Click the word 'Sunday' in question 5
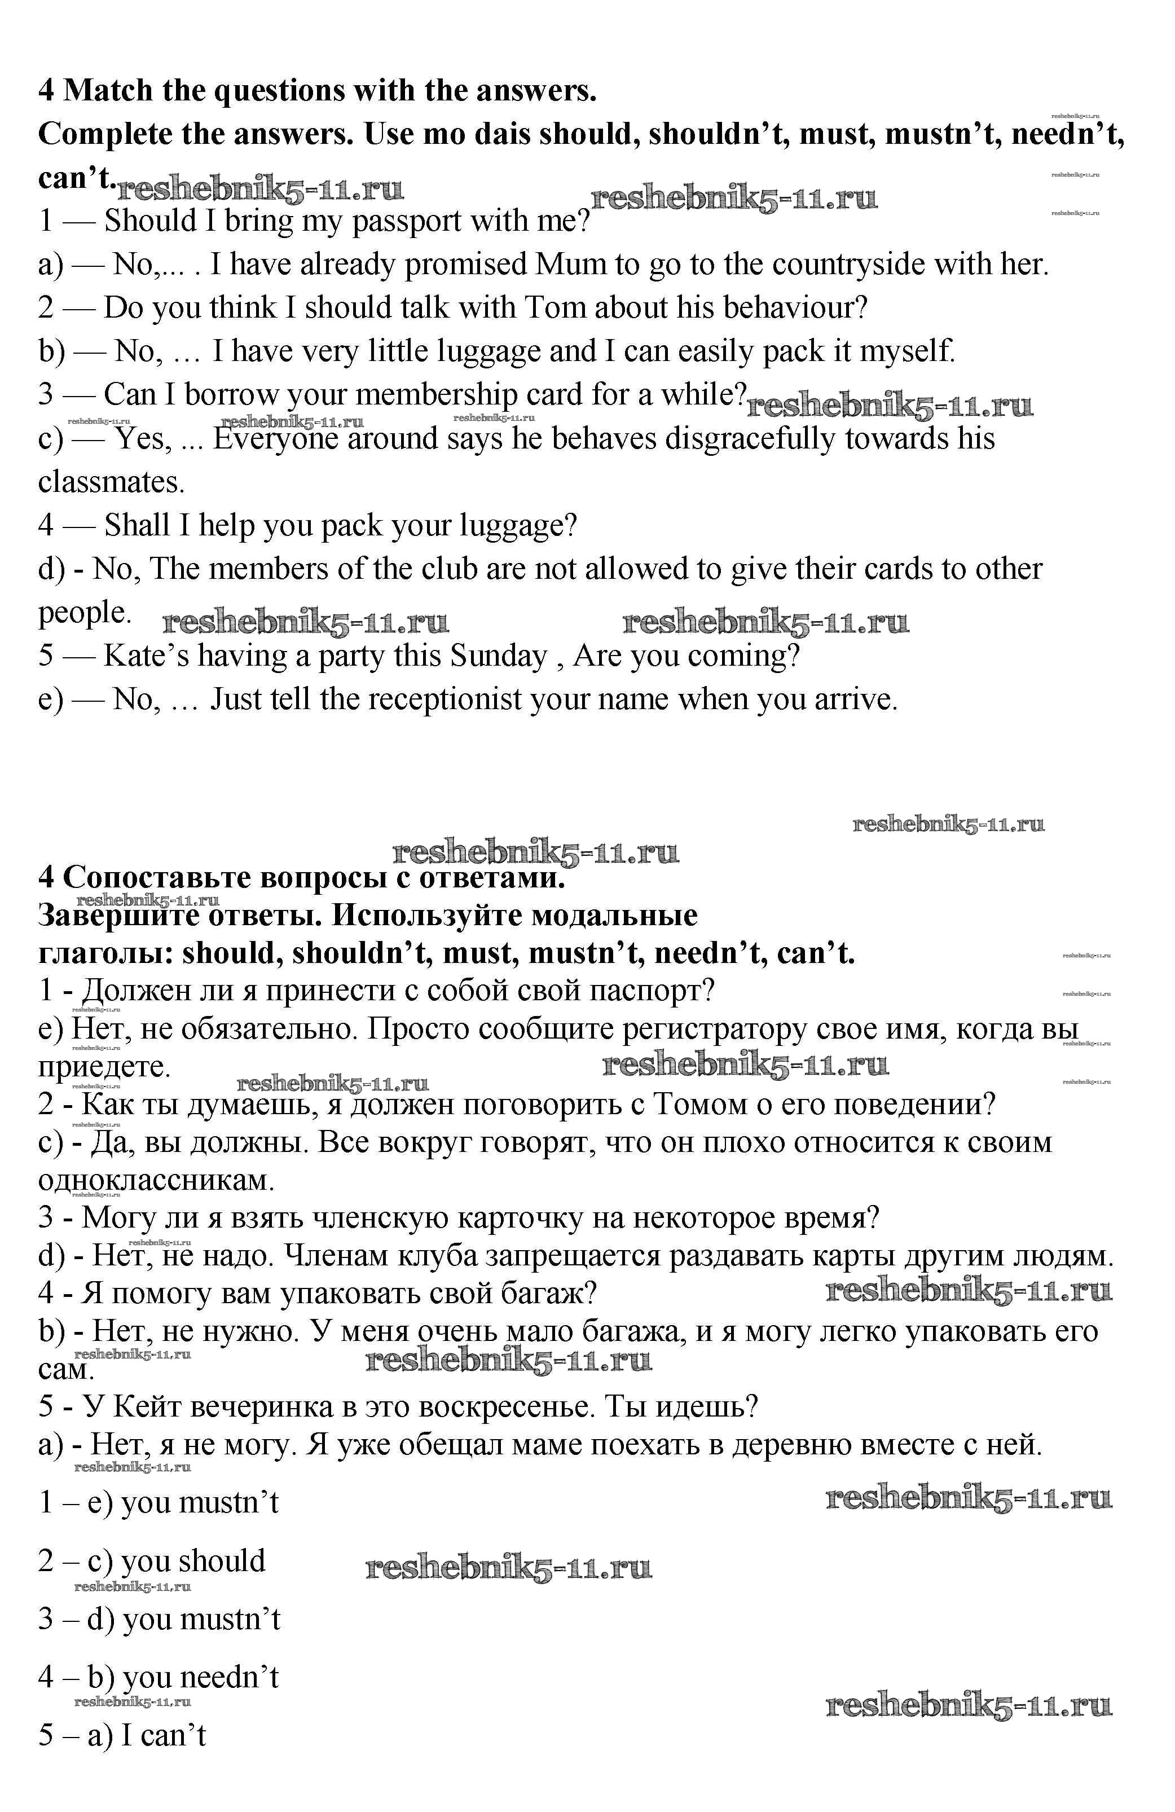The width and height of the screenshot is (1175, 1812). [x=499, y=656]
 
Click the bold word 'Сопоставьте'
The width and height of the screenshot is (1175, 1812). [x=156, y=878]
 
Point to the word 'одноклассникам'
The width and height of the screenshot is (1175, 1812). [x=156, y=1181]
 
